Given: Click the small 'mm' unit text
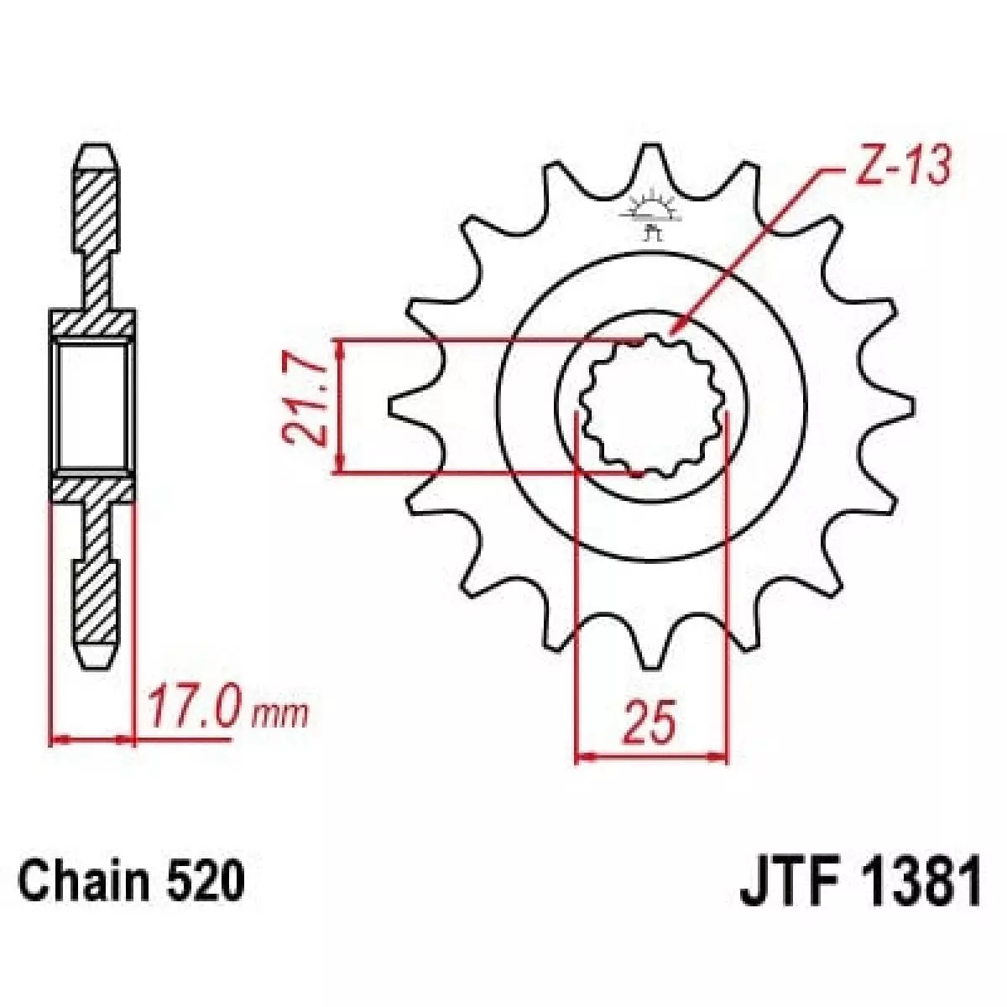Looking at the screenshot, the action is pos(280,717).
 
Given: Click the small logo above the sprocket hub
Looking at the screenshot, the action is pos(652,216).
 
